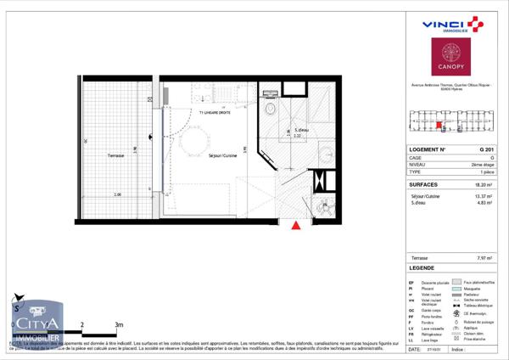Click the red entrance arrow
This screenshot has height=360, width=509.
pyautogui.click(x=295, y=225)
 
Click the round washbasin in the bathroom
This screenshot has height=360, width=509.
pyautogui.click(x=326, y=155)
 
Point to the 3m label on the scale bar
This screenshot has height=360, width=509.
pyautogui.click(x=119, y=324)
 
